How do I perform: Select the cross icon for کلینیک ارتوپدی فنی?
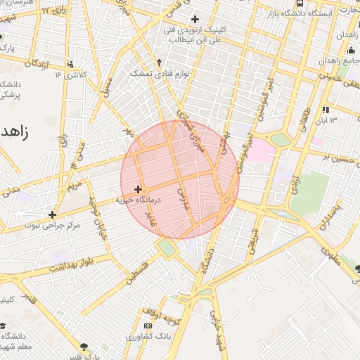click(195, 18)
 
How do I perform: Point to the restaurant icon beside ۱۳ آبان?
click(325, 110)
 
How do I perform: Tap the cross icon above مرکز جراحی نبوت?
click(52, 214)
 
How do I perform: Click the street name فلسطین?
click(138, 271)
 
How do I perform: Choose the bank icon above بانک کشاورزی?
click(147, 326)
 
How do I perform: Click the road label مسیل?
click(107, 88)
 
